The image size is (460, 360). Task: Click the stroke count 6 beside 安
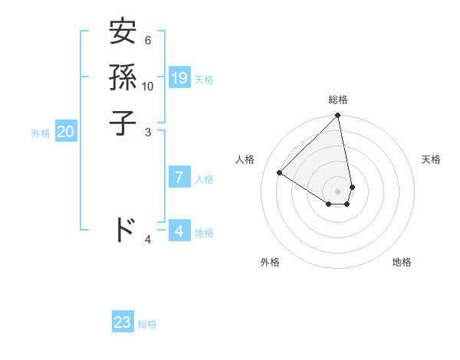coord(147,40)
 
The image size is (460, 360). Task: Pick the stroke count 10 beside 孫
coord(148,86)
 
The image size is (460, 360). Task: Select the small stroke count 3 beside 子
coord(148,132)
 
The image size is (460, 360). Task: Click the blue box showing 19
coord(179,78)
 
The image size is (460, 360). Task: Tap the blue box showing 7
coord(179,178)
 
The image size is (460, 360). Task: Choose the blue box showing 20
coord(65,132)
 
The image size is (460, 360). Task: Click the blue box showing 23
coord(123,322)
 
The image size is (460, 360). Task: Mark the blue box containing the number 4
coord(179,231)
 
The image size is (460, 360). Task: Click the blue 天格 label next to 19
coord(204,80)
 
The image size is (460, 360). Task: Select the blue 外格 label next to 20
coord(41,133)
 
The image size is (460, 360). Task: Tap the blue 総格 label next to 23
coord(147,324)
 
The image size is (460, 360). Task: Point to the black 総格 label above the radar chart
coord(338,100)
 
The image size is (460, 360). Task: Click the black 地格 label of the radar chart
coord(402,262)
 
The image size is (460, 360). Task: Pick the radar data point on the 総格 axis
coord(338,116)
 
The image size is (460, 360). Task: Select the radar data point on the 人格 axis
coord(280,172)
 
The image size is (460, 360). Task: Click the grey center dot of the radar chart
coord(338,191)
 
